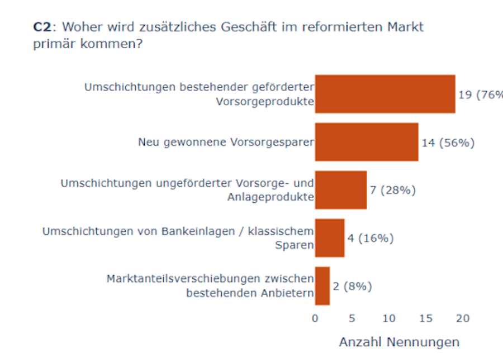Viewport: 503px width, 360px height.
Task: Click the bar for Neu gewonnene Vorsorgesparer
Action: pyautogui.click(x=367, y=142)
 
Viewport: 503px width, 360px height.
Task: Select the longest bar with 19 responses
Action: pyautogui.click(x=385, y=94)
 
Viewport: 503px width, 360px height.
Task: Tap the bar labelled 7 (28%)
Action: pyautogui.click(x=341, y=190)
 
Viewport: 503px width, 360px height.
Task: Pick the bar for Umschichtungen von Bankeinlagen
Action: pyautogui.click(x=330, y=238)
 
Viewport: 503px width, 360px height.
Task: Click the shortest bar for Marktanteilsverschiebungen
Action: pyautogui.click(x=322, y=286)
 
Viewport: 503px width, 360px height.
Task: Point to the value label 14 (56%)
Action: pyautogui.click(x=448, y=143)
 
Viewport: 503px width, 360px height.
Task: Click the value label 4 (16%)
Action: pyautogui.click(x=371, y=238)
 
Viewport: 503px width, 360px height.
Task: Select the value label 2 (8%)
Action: pyautogui.click(x=352, y=286)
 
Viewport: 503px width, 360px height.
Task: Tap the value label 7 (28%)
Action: pyautogui.click(x=393, y=190)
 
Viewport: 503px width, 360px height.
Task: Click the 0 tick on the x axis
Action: pyautogui.click(x=315, y=318)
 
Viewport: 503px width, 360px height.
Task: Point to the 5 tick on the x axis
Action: pyautogui.click(x=352, y=318)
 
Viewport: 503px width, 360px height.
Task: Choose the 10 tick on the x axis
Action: pyautogui.click(x=389, y=318)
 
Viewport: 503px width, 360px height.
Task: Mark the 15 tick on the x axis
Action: pyautogui.click(x=426, y=318)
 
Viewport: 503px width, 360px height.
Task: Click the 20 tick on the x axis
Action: pyautogui.click(x=463, y=318)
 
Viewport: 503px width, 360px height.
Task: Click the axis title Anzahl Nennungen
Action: pyautogui.click(x=399, y=342)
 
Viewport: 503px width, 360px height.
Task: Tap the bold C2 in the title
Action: pyautogui.click(x=42, y=27)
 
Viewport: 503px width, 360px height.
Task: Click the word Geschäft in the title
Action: pyautogui.click(x=249, y=27)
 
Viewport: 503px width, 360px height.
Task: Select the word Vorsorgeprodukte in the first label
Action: pyautogui.click(x=265, y=102)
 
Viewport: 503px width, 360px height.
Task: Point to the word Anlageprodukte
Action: pyautogui.click(x=271, y=197)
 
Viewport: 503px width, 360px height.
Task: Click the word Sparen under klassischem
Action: pyautogui.click(x=295, y=245)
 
